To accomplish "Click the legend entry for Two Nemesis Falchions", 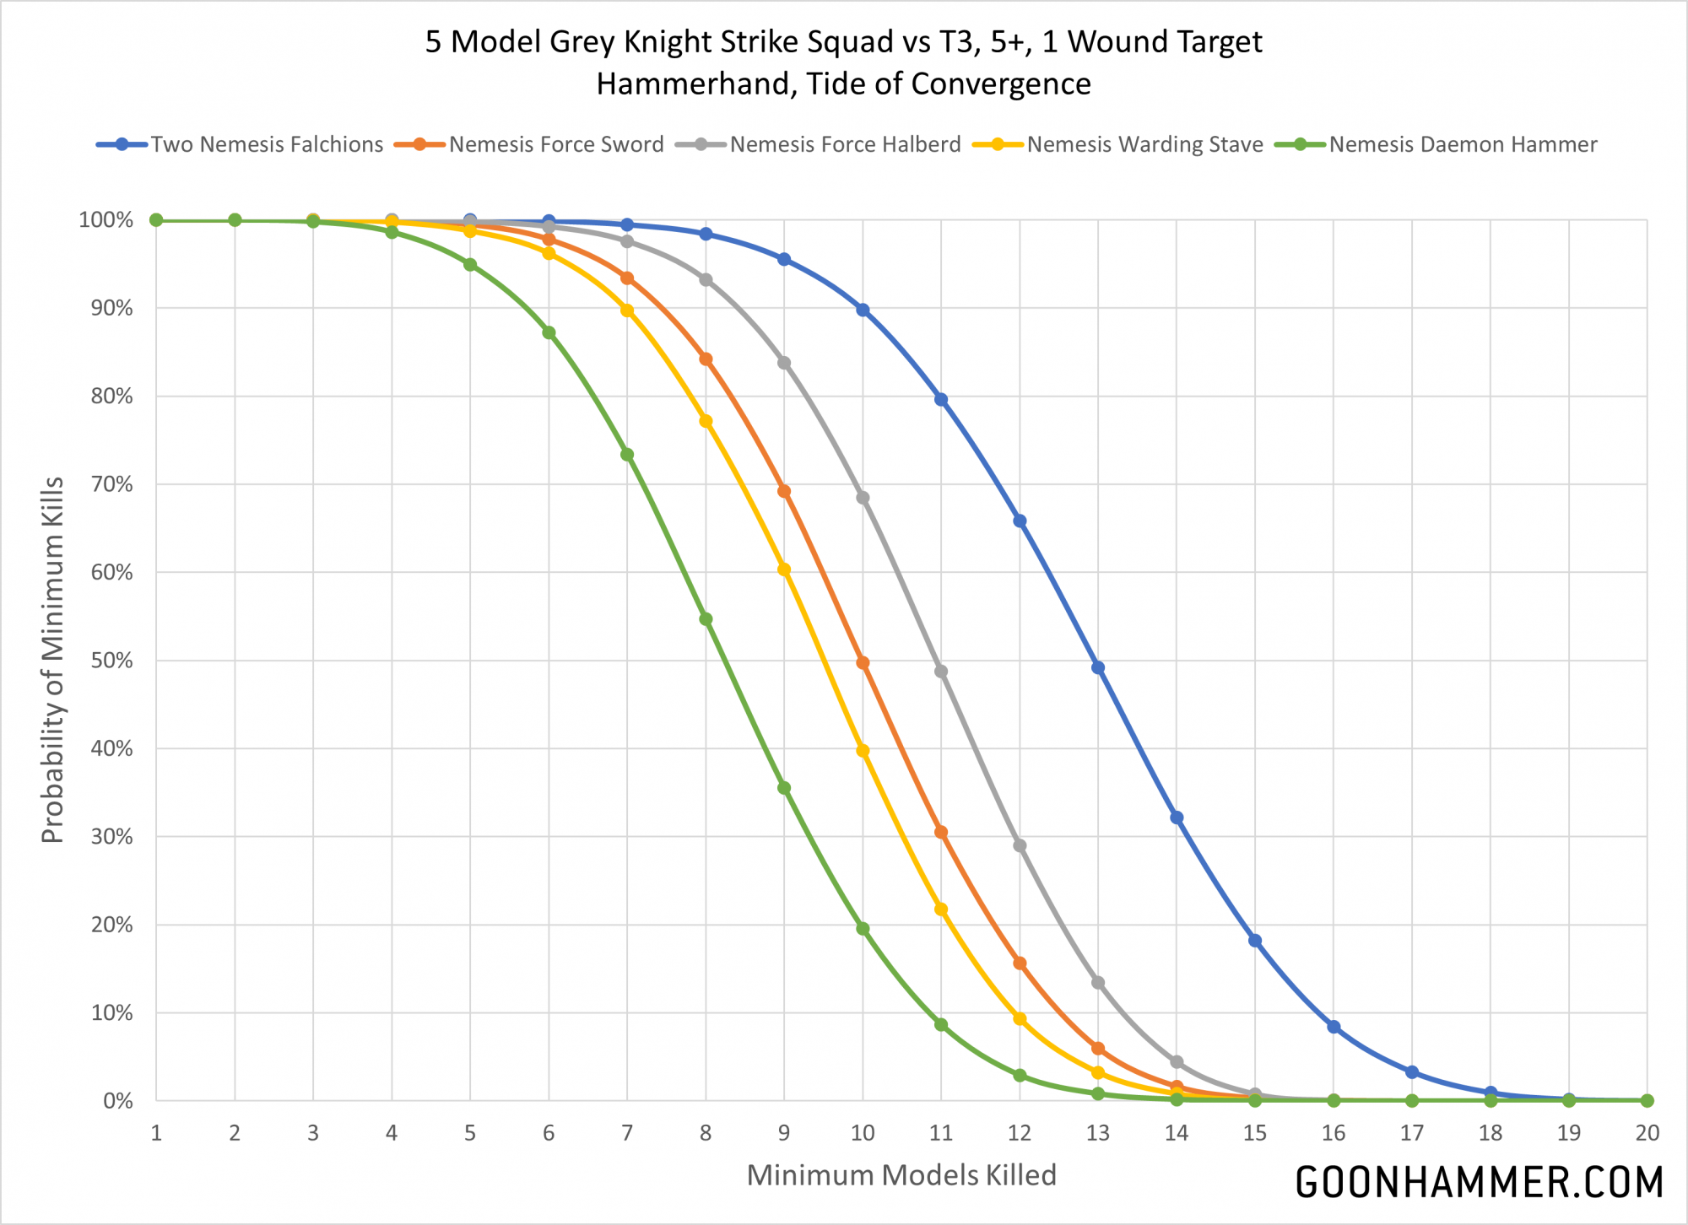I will pos(267,144).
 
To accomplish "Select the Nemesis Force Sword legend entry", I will pos(555,144).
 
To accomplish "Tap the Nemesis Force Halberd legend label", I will pos(845,144).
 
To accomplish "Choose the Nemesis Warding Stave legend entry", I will pos(1144,144).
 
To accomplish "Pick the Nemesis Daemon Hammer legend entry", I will pos(1463,144).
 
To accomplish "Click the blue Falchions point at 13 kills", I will pos(1098,667).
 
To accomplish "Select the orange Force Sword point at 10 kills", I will pos(863,662).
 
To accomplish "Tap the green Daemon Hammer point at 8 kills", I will pos(706,618).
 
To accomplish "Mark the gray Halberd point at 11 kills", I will pos(941,672).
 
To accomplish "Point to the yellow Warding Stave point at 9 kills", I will pos(784,569).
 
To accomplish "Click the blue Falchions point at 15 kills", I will pos(1255,941).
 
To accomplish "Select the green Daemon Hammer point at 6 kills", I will pos(549,332).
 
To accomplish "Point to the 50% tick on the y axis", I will pos(111,661).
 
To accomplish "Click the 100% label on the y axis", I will pos(106,220).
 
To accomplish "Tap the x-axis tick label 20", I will pos(1647,1133).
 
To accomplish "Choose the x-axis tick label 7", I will pos(627,1133).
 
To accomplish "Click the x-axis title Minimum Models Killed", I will pos(901,1175).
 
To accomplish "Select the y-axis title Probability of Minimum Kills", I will pos(52,660).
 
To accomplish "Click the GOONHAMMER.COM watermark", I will pos(1479,1182).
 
